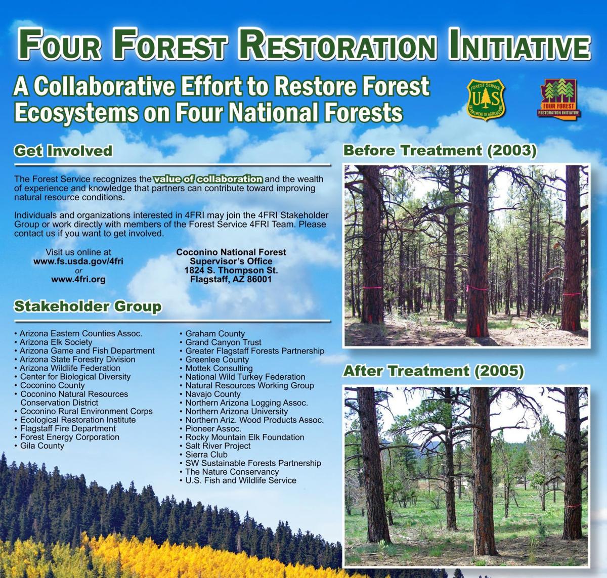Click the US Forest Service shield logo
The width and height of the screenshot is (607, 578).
tap(486, 99)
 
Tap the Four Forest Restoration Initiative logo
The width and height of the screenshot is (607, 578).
tap(558, 98)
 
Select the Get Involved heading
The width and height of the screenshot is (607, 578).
tap(63, 151)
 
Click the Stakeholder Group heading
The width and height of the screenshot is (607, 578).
tap(88, 306)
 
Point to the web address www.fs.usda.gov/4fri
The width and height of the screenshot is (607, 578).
tap(78, 261)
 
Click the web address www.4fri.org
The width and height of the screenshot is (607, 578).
tap(78, 280)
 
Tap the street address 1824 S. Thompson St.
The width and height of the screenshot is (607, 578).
tap(231, 271)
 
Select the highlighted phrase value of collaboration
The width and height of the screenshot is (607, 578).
tap(208, 179)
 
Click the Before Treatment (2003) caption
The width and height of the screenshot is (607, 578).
tap(440, 151)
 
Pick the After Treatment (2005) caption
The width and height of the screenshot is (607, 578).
tap(433, 371)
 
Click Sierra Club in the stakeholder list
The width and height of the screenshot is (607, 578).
tap(206, 455)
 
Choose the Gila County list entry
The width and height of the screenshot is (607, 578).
tap(42, 446)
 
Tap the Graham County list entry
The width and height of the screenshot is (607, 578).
tap(215, 334)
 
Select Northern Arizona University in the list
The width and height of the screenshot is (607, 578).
tap(237, 411)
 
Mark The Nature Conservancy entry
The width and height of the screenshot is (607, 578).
tap(232, 472)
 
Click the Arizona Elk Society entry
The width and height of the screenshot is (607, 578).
tap(56, 342)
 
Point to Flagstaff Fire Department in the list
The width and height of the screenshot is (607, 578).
tap(68, 428)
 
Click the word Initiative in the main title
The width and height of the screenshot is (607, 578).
tap(519, 44)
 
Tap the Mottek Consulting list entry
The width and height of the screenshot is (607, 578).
tap(219, 368)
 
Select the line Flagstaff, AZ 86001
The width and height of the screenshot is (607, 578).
tap(231, 280)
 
